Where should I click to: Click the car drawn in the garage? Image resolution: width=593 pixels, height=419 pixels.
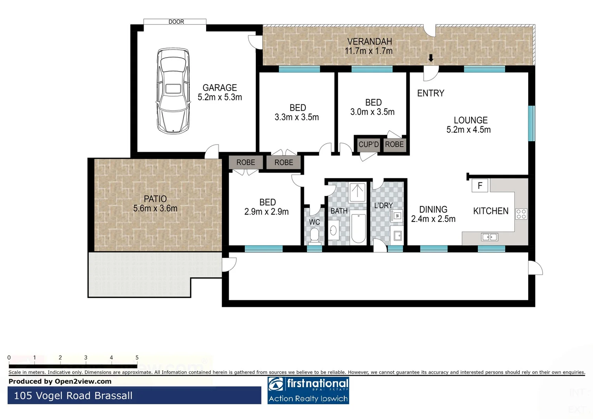(x=173, y=92)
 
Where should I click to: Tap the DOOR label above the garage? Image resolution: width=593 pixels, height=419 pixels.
(x=176, y=22)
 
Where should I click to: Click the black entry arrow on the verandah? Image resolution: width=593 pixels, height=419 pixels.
(x=431, y=58)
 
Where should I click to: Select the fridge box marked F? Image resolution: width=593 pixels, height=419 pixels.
(x=480, y=186)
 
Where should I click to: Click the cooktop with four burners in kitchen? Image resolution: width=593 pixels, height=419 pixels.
(x=521, y=214)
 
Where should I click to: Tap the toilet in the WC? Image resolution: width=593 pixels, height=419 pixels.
(x=314, y=235)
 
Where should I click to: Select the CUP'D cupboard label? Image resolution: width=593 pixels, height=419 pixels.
(x=368, y=144)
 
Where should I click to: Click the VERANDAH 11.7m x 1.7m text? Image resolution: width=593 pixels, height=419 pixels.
(x=369, y=46)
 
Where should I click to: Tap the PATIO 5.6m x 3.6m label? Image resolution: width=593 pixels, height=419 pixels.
(x=155, y=204)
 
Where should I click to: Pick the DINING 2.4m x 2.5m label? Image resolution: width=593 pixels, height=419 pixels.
(x=433, y=214)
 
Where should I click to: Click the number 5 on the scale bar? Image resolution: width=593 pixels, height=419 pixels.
(x=137, y=358)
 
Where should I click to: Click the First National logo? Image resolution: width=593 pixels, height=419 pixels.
(x=308, y=390)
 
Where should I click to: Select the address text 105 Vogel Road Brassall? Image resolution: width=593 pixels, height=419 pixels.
(x=73, y=396)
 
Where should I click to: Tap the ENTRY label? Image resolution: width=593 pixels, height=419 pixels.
(x=430, y=93)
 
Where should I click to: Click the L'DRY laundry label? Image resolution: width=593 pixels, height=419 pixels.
(x=383, y=205)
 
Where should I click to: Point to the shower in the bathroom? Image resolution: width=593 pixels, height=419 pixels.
(x=357, y=192)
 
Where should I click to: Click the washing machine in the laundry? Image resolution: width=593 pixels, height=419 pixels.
(x=397, y=216)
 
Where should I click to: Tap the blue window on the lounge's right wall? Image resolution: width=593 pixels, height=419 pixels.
(x=531, y=123)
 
